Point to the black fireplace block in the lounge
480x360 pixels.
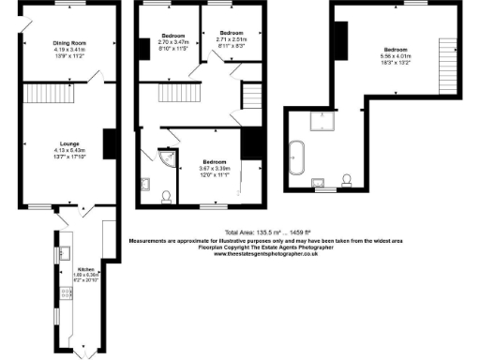pyautogui.click(x=109, y=142)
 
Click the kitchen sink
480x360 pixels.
pyautogui.click(x=65, y=251)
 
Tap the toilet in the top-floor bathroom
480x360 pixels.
pyautogui.click(x=347, y=178)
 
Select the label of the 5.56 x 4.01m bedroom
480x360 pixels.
pyautogui.click(x=395, y=49)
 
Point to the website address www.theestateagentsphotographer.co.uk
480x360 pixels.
pyautogui.click(x=266, y=254)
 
